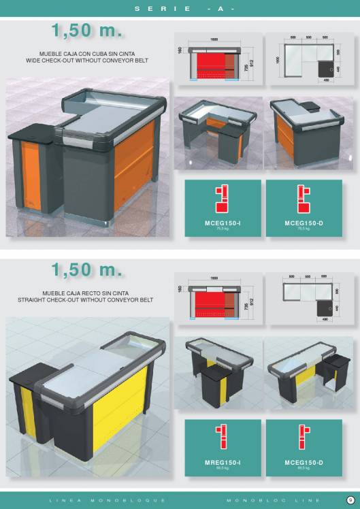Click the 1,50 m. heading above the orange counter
point(86,31)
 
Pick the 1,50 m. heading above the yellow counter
point(86,269)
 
